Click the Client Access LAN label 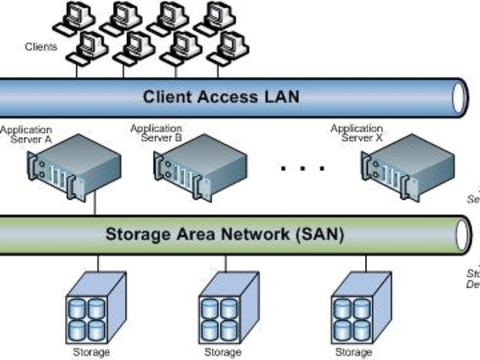(x=221, y=97)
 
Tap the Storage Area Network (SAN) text (x=224, y=234)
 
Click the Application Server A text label (x=26, y=134)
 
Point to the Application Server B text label (x=156, y=133)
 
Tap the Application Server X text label (x=356, y=133)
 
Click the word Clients (x=41, y=47)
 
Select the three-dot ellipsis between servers (x=302, y=169)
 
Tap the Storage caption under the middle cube (x=223, y=352)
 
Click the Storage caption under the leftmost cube (x=91, y=352)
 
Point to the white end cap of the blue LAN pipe (x=460, y=97)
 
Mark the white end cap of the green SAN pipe (x=463, y=235)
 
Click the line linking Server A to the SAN (x=95, y=206)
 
